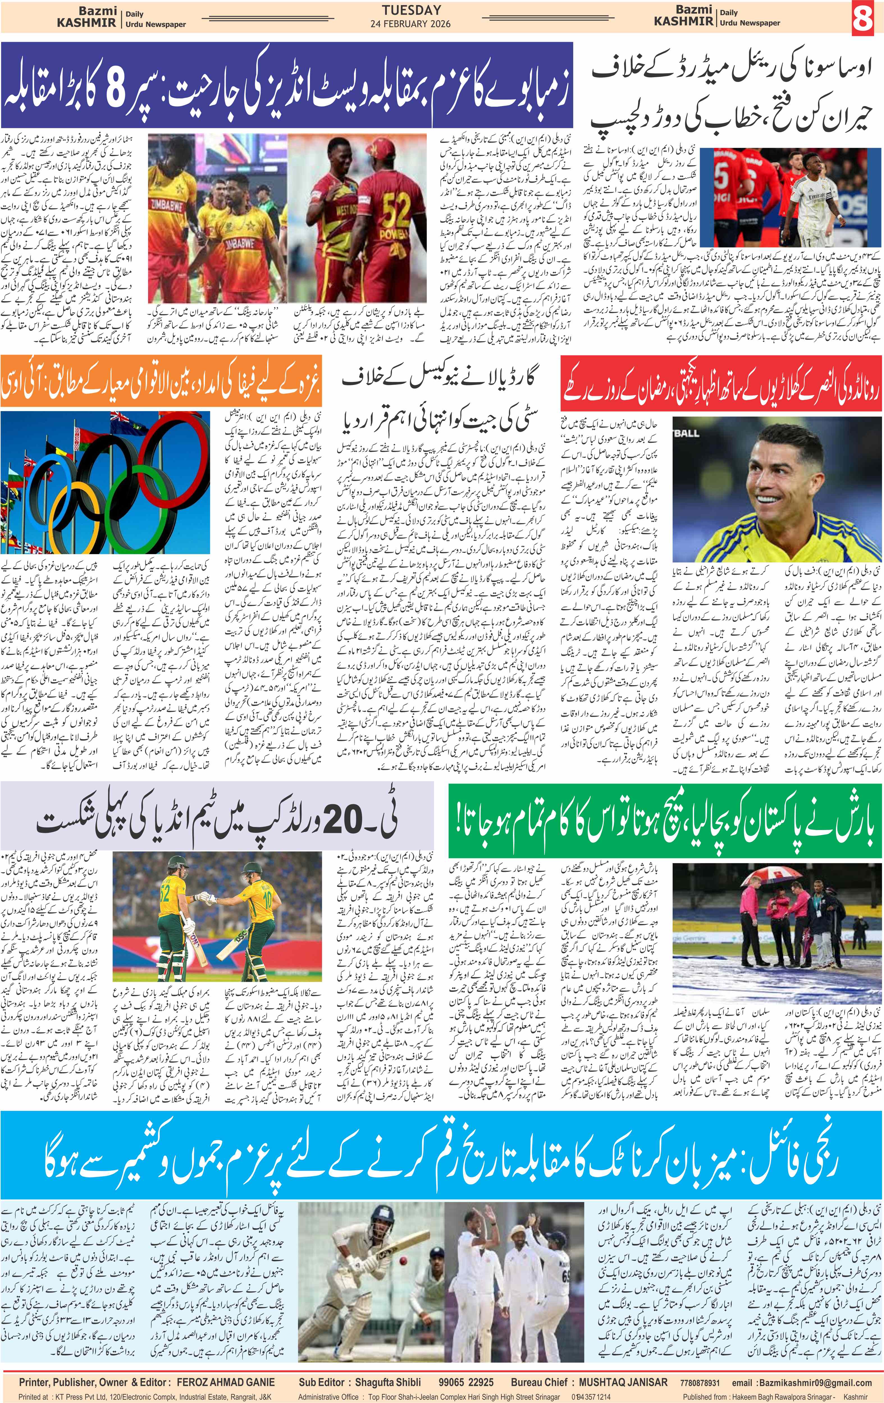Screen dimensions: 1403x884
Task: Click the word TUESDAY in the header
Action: [x=412, y=10]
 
